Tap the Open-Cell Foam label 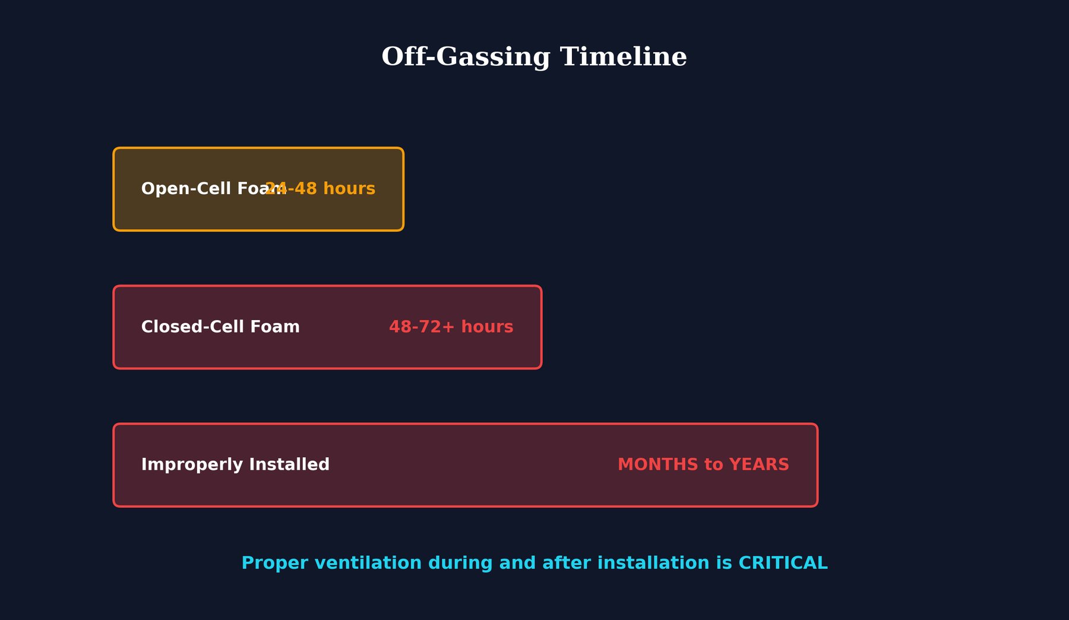coord(202,189)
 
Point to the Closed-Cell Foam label coord(220,327)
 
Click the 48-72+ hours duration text coord(451,327)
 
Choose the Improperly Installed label coord(235,465)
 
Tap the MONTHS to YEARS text coord(703,465)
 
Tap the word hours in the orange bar coord(349,189)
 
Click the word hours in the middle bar coord(487,327)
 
